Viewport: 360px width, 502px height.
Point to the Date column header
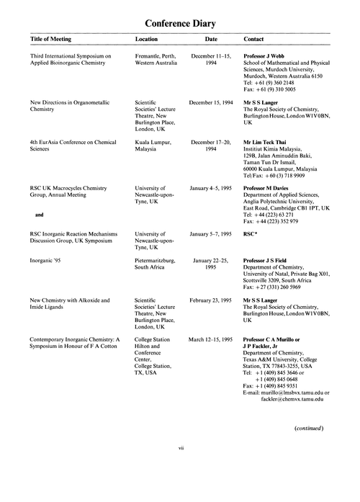pyautogui.click(x=211, y=39)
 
